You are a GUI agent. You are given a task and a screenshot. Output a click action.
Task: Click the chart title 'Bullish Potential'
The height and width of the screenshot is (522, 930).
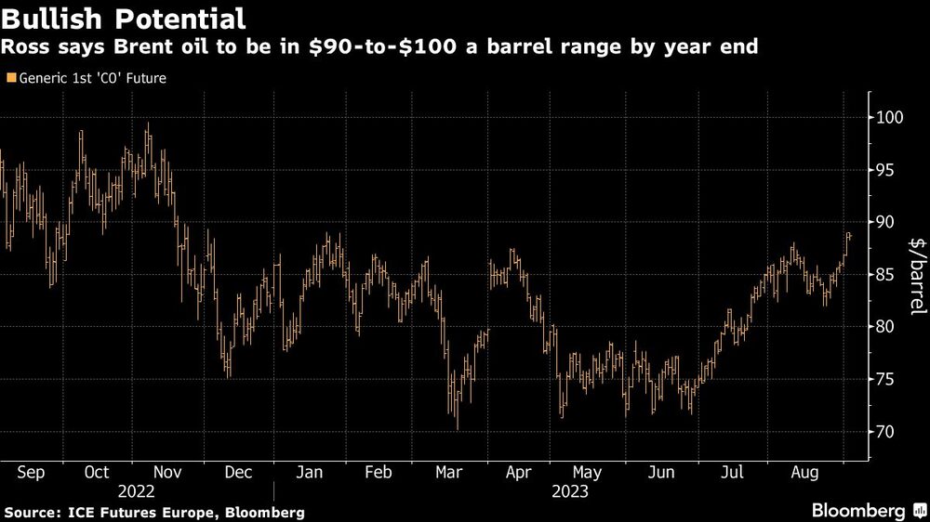(124, 18)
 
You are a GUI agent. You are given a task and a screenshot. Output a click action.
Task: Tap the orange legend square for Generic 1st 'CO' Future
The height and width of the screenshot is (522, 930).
(10, 79)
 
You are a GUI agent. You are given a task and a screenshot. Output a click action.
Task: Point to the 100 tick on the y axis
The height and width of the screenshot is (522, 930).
(890, 118)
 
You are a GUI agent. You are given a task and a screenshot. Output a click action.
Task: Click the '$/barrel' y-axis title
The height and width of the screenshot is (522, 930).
(916, 275)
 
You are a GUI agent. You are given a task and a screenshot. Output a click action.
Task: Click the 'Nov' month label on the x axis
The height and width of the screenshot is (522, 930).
(166, 473)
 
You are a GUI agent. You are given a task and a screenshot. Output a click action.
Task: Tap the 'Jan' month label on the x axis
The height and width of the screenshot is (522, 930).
(309, 473)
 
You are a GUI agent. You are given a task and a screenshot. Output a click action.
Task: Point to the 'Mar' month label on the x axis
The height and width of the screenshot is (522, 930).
(450, 473)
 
